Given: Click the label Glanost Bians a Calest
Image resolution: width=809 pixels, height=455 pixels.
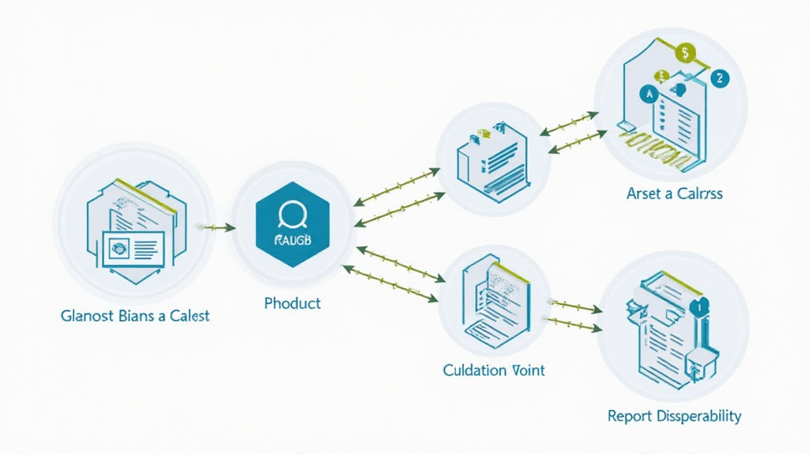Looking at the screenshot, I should pos(135,316).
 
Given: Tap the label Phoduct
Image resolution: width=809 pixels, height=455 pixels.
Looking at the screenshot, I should pos(292,303).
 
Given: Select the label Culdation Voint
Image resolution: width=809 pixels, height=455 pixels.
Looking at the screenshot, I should pos(494,370).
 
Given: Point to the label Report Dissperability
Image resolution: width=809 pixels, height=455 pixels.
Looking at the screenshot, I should pos(675,416).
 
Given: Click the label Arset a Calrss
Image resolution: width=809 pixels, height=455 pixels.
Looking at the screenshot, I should pos(675,193).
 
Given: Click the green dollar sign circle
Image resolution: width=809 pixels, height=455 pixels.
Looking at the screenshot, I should pos(685,54).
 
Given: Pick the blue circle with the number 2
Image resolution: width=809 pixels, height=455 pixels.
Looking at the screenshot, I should pos(719,77).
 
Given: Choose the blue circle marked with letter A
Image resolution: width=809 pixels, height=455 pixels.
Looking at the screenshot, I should pos(649,93).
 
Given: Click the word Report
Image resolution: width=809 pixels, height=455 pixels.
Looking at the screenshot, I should pos(628,416).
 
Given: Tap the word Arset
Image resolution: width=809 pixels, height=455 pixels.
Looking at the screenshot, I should pos(643,193).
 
